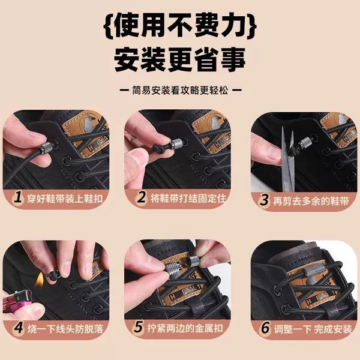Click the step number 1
pyautogui.click(x=17, y=197)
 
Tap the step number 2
pyautogui.click(x=141, y=197)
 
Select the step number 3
pyautogui.click(x=264, y=200)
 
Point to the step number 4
pyautogui.click(x=19, y=328)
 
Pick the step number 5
pyautogui.click(x=139, y=327)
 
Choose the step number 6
pyautogui.click(x=265, y=328)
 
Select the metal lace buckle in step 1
pyautogui.click(x=47, y=146)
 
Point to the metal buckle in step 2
pyautogui.click(x=176, y=145)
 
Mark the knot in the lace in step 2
pyautogui.click(x=159, y=149)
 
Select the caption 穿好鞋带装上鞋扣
pyautogui.click(x=65, y=199)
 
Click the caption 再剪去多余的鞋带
pyautogui.click(x=311, y=201)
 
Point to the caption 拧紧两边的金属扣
pyautogui.click(x=185, y=328)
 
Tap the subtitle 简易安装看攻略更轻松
pyautogui.click(x=180, y=90)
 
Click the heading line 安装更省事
pyautogui.click(x=180, y=60)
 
